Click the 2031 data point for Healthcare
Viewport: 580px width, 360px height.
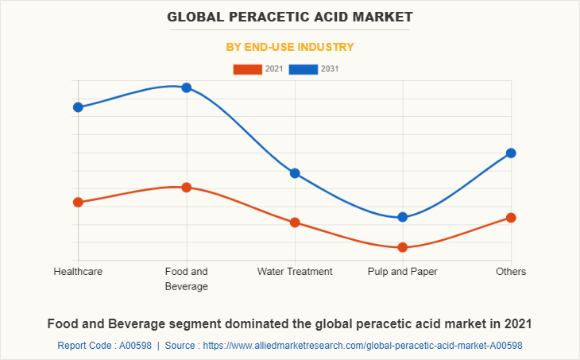click(78, 107)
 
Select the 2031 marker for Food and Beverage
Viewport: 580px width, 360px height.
click(186, 87)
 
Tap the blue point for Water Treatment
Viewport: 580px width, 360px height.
click(295, 173)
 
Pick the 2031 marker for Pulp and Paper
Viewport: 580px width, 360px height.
click(403, 217)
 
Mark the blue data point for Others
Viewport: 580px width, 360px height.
click(511, 153)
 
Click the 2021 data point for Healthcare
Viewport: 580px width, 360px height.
click(78, 202)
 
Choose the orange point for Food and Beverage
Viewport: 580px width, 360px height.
click(186, 188)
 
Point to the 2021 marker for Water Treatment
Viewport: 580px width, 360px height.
click(295, 223)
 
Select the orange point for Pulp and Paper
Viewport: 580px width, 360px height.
click(403, 247)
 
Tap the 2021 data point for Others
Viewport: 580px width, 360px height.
click(511, 218)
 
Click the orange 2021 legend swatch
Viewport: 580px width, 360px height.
click(247, 69)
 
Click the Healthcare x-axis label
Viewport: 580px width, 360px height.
click(78, 272)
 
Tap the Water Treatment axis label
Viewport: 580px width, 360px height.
click(295, 272)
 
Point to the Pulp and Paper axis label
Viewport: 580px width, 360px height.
click(403, 272)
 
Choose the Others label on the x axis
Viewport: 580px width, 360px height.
click(511, 272)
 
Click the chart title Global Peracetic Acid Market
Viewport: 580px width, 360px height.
click(290, 17)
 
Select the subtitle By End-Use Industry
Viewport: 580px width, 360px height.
click(290, 47)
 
